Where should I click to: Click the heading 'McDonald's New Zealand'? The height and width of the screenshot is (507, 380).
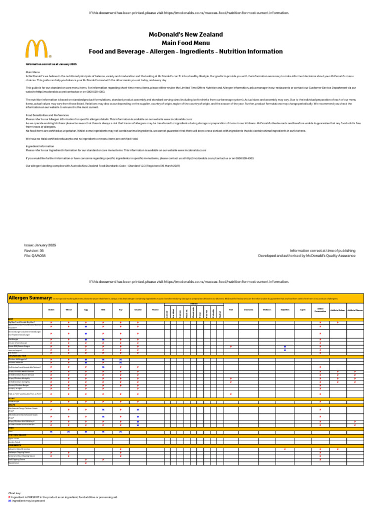point(186,35)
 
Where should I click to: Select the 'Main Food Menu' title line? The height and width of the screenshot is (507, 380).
point(186,43)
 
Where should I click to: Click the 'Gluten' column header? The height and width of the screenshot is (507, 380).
point(51,310)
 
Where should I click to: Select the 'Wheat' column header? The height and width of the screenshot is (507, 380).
point(69,310)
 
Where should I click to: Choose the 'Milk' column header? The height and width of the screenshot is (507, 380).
point(103,310)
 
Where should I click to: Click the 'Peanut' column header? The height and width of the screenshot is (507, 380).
point(155,310)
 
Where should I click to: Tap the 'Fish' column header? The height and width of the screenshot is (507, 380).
point(231,310)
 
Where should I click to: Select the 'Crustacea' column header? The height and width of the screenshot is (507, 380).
point(248,310)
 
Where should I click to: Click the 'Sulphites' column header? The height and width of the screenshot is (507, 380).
point(285,310)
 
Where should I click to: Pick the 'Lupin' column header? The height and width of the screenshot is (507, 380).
point(302,310)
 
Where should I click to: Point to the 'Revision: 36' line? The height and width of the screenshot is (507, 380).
point(34,251)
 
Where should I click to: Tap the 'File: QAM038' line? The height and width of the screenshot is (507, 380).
point(35,256)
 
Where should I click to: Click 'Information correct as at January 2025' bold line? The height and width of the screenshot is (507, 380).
point(51,64)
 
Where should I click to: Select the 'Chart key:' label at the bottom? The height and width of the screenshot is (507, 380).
point(15,494)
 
